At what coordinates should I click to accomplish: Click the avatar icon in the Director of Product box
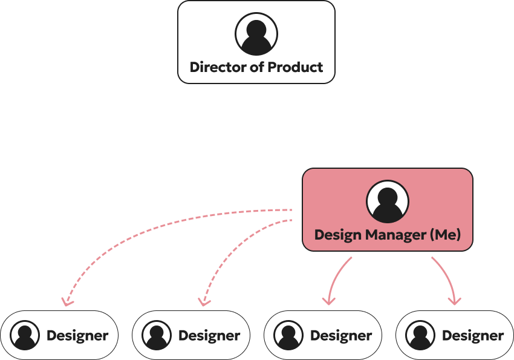click(x=256, y=34)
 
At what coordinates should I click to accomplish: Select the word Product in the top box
click(x=296, y=67)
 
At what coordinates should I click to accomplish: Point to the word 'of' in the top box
click(x=258, y=67)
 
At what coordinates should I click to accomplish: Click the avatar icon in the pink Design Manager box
click(x=388, y=201)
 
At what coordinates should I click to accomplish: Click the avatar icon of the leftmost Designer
click(x=25, y=335)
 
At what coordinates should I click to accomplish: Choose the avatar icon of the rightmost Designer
click(x=420, y=335)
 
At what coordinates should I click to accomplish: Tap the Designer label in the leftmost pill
click(x=77, y=335)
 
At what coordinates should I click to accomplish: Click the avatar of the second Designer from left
click(x=157, y=335)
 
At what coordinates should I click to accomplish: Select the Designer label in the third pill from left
click(x=341, y=335)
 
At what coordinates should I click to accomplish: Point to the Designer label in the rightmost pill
click(x=473, y=335)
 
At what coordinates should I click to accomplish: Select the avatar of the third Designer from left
click(x=288, y=335)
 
